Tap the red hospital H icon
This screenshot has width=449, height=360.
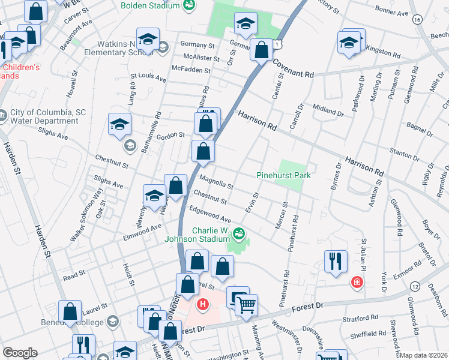click(203, 304)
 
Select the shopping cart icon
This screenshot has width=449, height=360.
click(246, 306)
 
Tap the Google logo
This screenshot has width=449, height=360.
click(20, 353)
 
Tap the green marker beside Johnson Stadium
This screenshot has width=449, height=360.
click(240, 233)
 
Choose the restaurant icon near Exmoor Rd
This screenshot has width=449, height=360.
click(336, 261)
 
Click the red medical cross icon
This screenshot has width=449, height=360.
click(357, 282)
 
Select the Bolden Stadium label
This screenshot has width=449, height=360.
click(149, 5)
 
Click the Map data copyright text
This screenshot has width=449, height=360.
click(423, 355)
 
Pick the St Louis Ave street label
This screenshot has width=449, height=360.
click(148, 78)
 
